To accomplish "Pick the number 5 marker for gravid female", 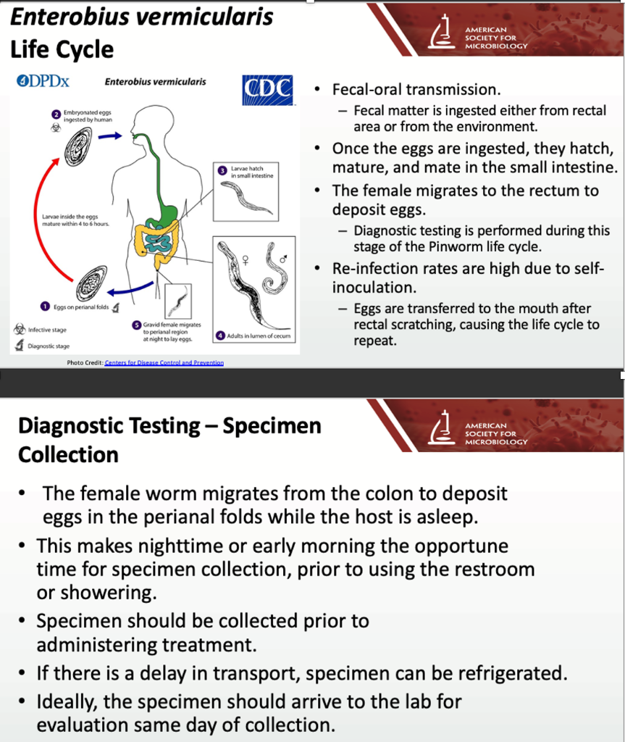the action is click(x=135, y=325).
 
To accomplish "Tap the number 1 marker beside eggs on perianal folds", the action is click(x=46, y=307).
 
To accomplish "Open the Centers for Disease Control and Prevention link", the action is click(x=164, y=362).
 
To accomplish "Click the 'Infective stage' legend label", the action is click(x=47, y=330).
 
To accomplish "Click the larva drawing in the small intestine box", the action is click(x=246, y=197).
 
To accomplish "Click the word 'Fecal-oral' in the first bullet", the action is click(x=366, y=90).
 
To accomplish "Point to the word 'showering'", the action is click(x=96, y=592).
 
